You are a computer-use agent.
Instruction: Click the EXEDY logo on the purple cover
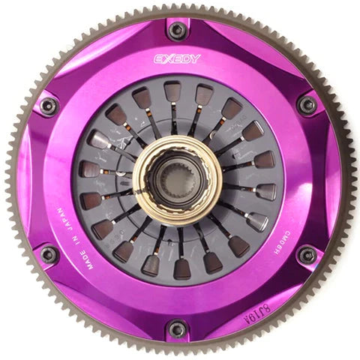(177, 58)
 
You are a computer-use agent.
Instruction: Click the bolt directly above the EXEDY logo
(178, 31)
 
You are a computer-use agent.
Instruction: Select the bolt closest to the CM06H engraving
(307, 255)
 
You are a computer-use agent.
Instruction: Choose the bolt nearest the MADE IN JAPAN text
(49, 255)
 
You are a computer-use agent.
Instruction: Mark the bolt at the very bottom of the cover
(178, 328)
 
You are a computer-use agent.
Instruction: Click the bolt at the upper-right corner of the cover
(307, 104)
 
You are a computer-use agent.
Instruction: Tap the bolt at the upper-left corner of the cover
(49, 104)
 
